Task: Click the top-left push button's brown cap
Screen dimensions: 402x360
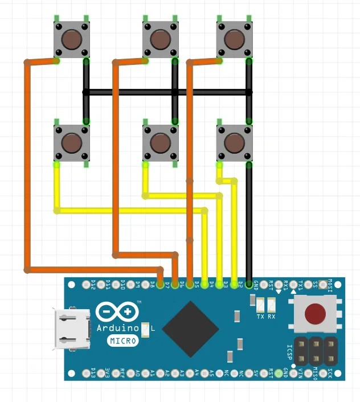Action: [x=71, y=40]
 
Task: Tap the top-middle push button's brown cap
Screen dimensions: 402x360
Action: [x=160, y=40]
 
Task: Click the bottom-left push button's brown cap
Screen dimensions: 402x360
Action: [x=71, y=142]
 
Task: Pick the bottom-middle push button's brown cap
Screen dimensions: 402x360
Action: [x=160, y=142]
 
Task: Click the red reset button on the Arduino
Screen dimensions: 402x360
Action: [x=314, y=314]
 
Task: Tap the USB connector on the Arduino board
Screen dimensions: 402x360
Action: [x=72, y=329]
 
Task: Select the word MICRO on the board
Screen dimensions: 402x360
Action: [x=123, y=341]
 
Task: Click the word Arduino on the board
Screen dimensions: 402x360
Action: [x=118, y=329]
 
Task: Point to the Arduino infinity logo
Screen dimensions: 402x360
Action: [x=118, y=311]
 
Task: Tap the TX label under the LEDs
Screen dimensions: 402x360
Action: [x=260, y=317]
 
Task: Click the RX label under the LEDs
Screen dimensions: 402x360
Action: [x=272, y=317]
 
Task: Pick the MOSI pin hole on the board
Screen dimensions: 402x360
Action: [x=330, y=283]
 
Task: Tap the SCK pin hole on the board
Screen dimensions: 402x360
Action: [x=330, y=374]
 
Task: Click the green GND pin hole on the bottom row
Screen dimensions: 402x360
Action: [x=285, y=374]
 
